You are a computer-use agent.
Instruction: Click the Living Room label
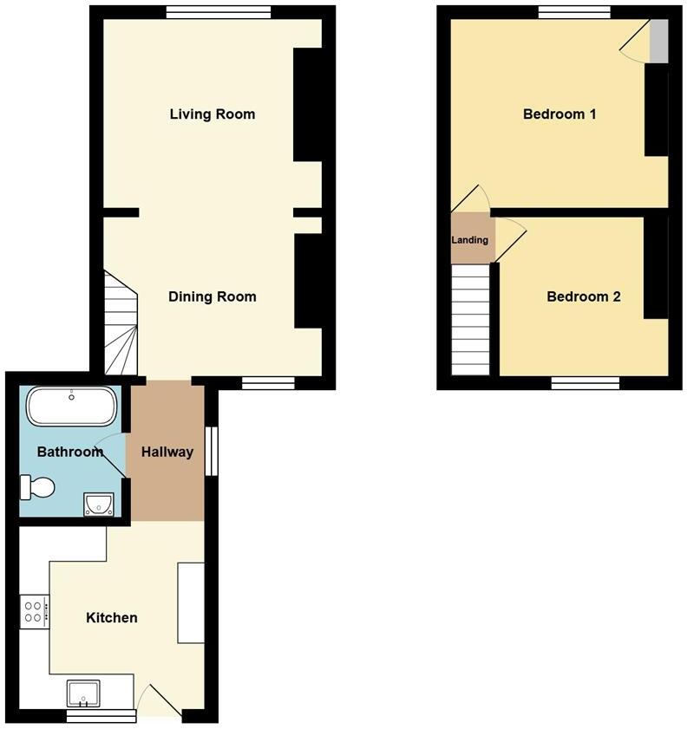point(213,114)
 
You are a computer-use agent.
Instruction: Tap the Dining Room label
point(213,297)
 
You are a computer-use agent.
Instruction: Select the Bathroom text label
point(70,452)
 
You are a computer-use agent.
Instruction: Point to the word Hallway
point(167,452)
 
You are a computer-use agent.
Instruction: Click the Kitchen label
point(112,618)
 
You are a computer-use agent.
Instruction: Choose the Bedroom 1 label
point(559,114)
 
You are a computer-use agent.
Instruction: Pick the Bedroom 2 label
point(584,297)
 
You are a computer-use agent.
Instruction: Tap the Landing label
point(470,240)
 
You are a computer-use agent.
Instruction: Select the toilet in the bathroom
point(38,487)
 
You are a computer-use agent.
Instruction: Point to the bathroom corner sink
point(100,504)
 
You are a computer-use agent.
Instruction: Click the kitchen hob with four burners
point(35,611)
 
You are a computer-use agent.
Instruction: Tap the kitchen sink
point(83,693)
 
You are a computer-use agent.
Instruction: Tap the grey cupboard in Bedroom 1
point(659,41)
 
